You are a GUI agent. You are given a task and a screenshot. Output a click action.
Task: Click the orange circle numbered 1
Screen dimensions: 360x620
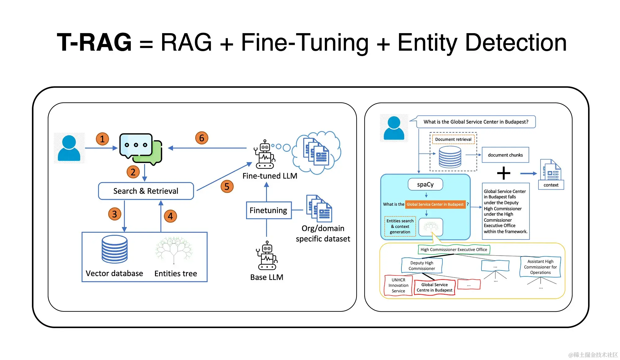(102, 139)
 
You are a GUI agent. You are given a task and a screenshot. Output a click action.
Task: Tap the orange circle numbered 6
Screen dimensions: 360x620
(201, 138)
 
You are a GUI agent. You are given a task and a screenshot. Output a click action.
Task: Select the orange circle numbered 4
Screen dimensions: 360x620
(170, 216)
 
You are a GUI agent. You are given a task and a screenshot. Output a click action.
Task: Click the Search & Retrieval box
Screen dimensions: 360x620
(146, 191)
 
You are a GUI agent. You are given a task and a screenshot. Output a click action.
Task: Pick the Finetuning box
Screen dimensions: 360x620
(268, 210)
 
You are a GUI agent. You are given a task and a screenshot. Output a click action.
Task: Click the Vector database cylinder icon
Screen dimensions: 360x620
(114, 249)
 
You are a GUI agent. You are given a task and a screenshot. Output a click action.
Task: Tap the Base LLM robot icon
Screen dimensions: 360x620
(267, 256)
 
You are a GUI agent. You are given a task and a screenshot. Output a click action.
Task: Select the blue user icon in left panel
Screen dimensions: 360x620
(69, 148)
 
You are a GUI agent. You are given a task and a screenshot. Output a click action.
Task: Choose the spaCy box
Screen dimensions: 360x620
(425, 184)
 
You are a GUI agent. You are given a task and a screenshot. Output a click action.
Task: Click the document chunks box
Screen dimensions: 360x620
(505, 155)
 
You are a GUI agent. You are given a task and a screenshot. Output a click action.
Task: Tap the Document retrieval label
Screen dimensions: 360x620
(453, 139)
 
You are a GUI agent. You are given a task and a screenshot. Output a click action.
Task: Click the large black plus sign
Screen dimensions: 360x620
(503, 173)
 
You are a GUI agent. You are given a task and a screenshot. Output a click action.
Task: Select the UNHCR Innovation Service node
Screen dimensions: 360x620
(398, 285)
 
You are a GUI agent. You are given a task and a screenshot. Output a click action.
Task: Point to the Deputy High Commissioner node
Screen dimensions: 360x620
(422, 266)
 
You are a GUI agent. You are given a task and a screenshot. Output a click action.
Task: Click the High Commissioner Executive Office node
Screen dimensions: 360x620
(454, 249)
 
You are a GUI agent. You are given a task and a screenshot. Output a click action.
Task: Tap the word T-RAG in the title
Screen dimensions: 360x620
(94, 42)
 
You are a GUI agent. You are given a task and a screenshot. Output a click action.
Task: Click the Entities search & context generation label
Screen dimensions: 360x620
(400, 226)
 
